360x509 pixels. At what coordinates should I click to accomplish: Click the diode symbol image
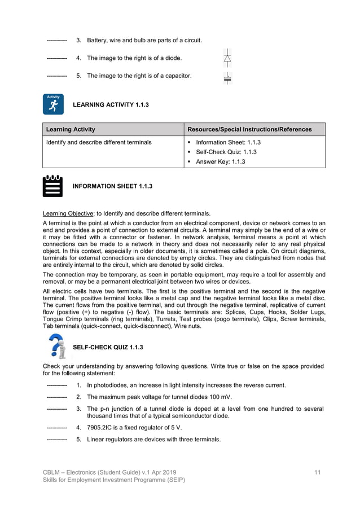tap(227, 58)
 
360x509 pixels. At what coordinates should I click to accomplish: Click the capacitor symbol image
tap(227, 78)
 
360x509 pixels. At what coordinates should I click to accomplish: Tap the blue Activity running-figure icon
tap(53, 104)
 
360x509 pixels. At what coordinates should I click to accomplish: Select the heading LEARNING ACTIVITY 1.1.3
tap(111, 105)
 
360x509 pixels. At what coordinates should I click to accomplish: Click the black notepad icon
tap(53, 186)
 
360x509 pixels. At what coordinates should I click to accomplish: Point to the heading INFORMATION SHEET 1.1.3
tap(112, 186)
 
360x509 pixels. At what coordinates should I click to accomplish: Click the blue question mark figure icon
tap(56, 346)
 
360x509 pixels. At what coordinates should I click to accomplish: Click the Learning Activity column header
tap(71, 129)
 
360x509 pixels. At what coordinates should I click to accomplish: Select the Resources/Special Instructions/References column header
tap(249, 129)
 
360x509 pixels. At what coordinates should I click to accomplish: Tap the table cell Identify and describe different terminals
tap(99, 142)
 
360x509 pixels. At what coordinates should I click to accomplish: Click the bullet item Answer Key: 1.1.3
tap(220, 162)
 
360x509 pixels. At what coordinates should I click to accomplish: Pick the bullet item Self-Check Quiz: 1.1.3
tap(226, 152)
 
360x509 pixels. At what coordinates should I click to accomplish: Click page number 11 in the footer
tap(317, 471)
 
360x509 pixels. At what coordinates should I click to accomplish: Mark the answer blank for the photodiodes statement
tap(56, 385)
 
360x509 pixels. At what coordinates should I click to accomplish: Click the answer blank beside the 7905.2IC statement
tap(56, 428)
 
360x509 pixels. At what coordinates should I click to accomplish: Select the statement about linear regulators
tap(153, 439)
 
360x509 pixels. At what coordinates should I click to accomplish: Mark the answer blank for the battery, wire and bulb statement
tap(56, 41)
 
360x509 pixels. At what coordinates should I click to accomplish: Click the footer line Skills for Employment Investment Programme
tap(114, 480)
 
